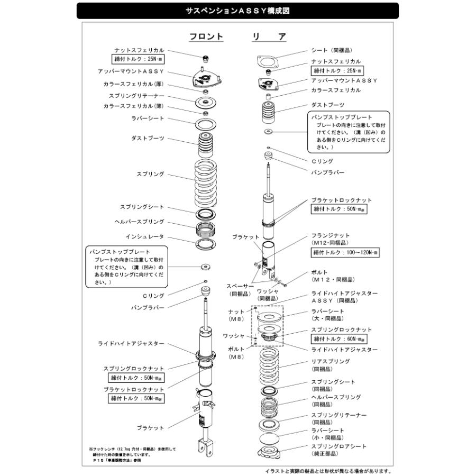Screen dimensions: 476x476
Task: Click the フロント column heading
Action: (x=206, y=36)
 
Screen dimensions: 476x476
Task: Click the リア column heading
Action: (x=269, y=36)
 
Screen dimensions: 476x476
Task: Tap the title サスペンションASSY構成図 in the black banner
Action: (x=237, y=11)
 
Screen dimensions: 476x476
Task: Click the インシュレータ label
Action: (x=145, y=236)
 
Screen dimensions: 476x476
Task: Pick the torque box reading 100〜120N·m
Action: (x=345, y=253)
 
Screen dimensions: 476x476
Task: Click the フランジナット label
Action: (x=331, y=235)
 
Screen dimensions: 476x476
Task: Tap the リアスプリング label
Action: (x=331, y=362)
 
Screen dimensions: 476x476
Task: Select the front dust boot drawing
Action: (x=205, y=143)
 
